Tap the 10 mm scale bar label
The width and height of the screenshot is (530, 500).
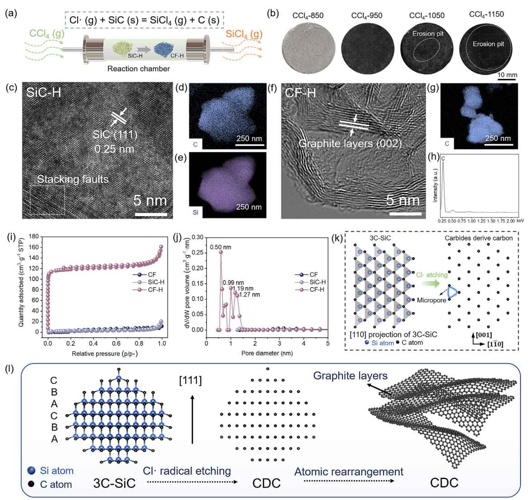[x=507, y=74]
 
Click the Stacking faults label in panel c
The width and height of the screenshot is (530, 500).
[x=73, y=180]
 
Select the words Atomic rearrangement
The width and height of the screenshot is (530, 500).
[x=348, y=472]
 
